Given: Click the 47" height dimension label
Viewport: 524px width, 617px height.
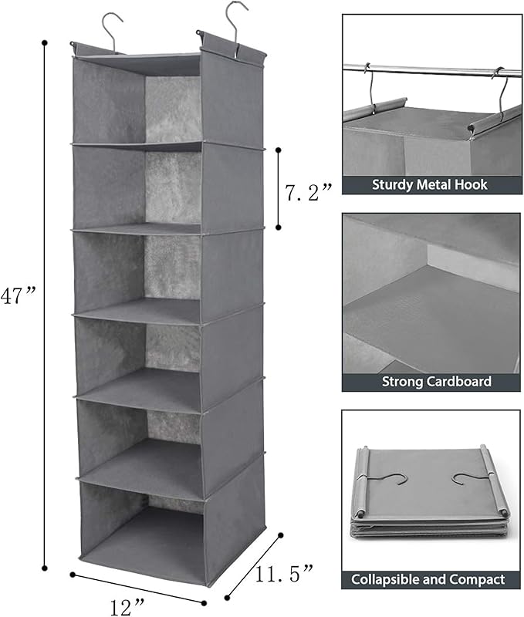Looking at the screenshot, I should (19, 295).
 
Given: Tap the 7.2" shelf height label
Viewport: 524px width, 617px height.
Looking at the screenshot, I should (306, 191).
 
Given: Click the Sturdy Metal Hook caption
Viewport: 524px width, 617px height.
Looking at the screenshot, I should (430, 184).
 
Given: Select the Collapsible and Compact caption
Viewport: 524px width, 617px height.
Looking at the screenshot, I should (429, 579).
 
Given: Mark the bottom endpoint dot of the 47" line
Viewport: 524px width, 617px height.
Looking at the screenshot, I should (45, 566).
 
